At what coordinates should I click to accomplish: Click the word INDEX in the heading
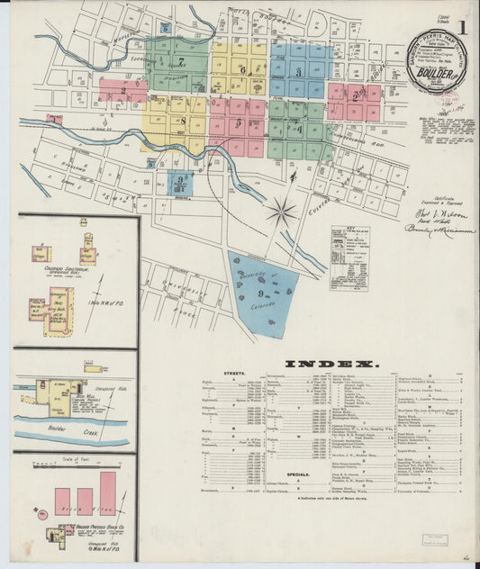click(x=330, y=363)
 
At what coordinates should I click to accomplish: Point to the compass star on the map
click(x=283, y=212)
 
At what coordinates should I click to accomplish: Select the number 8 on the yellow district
click(x=182, y=120)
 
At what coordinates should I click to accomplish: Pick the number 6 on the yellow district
click(x=241, y=69)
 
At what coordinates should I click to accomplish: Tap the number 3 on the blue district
click(x=298, y=71)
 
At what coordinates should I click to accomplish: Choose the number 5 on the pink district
click(x=239, y=122)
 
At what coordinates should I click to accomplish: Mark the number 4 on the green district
click(x=298, y=127)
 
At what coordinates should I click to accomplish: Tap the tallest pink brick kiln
click(x=107, y=493)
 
